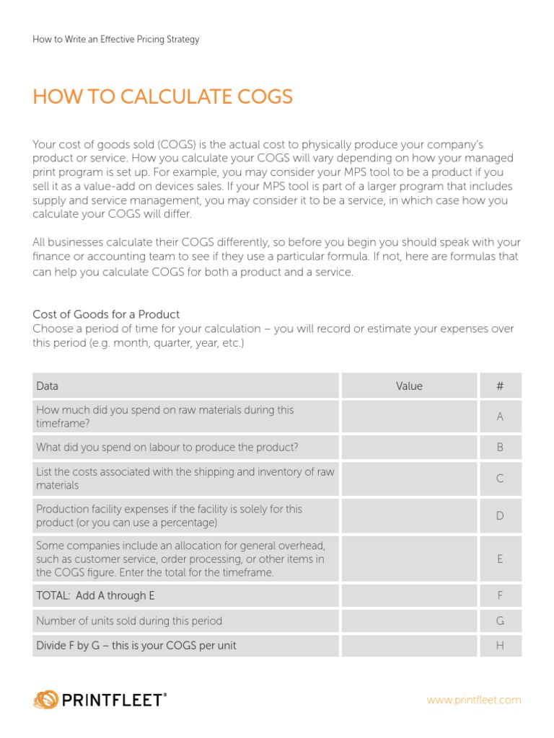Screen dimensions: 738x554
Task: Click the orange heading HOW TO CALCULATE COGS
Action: (x=163, y=97)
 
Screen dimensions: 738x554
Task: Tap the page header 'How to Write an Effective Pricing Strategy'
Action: (x=115, y=40)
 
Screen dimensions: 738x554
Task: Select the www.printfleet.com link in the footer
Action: (x=473, y=700)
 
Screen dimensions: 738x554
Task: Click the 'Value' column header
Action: (x=409, y=386)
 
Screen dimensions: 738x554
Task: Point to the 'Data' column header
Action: (x=48, y=386)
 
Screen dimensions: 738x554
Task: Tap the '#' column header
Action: (x=499, y=386)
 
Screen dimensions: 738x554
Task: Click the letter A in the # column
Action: (x=499, y=417)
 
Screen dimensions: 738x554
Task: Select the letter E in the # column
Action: (x=499, y=559)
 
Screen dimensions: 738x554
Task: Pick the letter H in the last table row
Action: (x=499, y=646)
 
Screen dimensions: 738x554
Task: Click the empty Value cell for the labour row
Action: (x=409, y=448)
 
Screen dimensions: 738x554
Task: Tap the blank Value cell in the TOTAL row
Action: (x=409, y=596)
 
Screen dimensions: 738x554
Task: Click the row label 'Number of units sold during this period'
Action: (x=129, y=621)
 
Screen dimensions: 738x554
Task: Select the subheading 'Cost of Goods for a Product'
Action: (x=106, y=314)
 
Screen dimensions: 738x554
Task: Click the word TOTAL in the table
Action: (x=52, y=596)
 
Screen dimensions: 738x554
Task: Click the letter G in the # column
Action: (x=499, y=621)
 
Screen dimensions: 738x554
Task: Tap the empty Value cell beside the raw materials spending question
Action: (x=409, y=417)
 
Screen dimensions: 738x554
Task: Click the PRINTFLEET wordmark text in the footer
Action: (x=115, y=700)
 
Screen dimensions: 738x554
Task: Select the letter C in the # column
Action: (x=499, y=479)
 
